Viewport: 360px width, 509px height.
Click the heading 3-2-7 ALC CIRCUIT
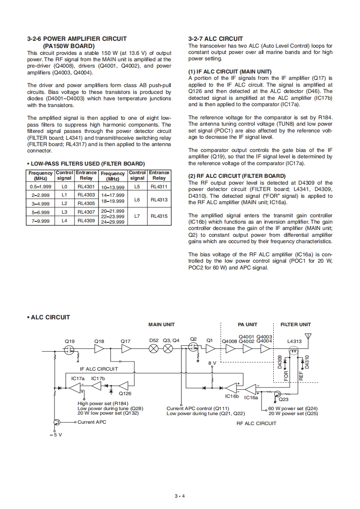click(215, 39)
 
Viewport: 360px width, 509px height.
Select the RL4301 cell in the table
click(86, 187)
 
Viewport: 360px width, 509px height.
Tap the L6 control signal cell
click(137, 200)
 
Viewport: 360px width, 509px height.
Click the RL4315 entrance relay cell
click(159, 216)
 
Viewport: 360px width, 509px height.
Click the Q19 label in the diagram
click(69, 340)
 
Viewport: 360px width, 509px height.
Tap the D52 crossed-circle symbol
click(154, 349)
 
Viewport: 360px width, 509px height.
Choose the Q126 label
click(125, 394)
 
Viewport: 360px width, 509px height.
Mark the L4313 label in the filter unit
click(295, 341)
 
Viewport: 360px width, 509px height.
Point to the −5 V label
click(55, 435)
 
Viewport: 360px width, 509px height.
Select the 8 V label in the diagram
click(212, 363)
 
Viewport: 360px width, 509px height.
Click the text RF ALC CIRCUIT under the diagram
click(256, 423)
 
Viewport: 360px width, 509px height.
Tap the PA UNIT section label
click(247, 324)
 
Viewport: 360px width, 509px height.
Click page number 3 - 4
click(180, 495)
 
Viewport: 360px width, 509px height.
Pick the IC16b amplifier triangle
click(232, 388)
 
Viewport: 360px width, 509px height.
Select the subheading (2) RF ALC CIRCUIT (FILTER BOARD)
click(237, 176)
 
